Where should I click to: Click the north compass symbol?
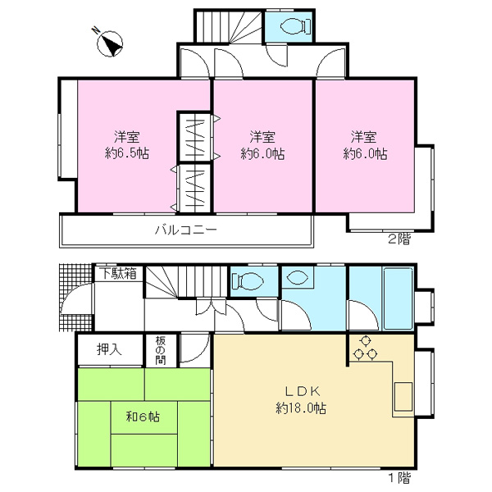pos(109,43)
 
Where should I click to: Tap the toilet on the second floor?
pos(294,26)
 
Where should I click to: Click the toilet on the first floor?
pos(247,281)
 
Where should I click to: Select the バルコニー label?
pos(186,230)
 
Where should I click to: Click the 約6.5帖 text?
pos(127,153)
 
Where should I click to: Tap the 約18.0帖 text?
pos(301,408)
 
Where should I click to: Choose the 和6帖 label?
pos(143,417)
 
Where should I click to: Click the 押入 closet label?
pos(109,349)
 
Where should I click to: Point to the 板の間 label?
pos(161,350)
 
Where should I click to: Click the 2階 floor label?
pos(399,239)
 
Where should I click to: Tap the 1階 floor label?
pos(399,478)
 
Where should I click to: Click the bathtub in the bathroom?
pos(398,298)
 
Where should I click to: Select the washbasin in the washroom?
pos(297,277)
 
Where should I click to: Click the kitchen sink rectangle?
pos(403,397)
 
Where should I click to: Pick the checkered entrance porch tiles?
pos(76,297)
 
